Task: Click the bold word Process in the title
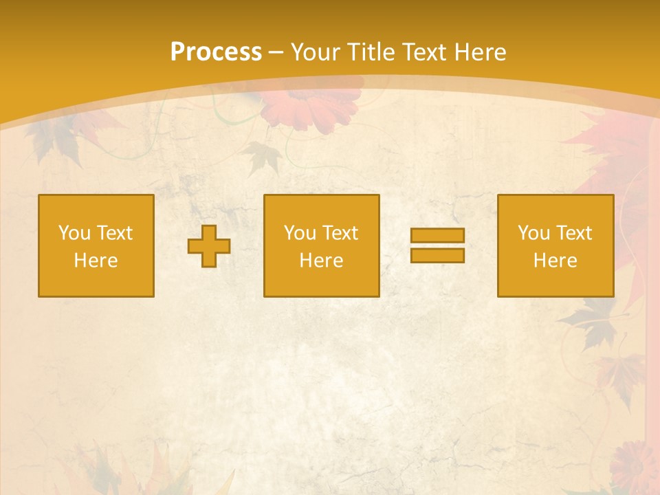click(x=216, y=52)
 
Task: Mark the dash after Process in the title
click(x=276, y=53)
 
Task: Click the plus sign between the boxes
click(x=209, y=246)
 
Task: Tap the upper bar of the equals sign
click(x=437, y=235)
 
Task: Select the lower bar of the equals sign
click(x=437, y=255)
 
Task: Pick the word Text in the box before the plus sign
click(x=114, y=233)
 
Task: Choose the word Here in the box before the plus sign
click(x=96, y=261)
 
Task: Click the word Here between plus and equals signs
click(x=321, y=261)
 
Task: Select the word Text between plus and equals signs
click(x=340, y=233)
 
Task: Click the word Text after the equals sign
click(x=573, y=233)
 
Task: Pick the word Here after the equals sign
click(x=555, y=261)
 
